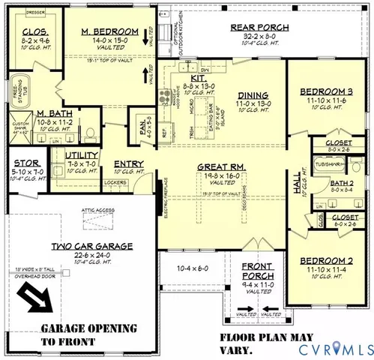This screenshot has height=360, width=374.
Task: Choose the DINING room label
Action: (247, 94)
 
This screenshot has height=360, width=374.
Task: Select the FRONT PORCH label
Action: (257, 270)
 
